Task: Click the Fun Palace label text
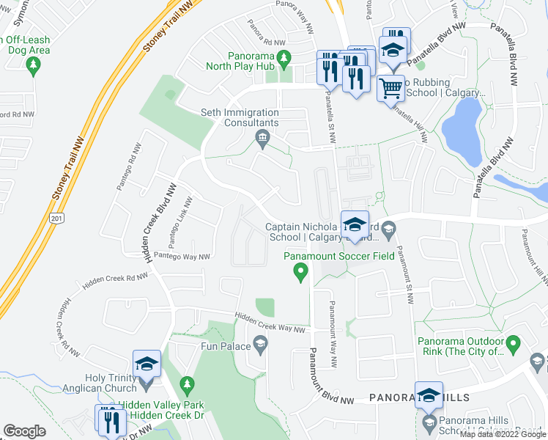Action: click(x=225, y=345)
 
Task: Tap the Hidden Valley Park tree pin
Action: click(x=187, y=384)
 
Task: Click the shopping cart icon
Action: click(x=390, y=88)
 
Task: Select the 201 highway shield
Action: click(x=56, y=219)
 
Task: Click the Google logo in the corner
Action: click(x=24, y=431)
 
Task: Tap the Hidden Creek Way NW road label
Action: click(x=270, y=323)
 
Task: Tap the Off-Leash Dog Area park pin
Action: click(x=32, y=67)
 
